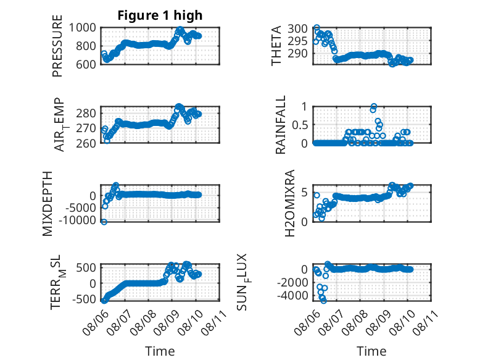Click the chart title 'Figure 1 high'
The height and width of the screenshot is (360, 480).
point(160,15)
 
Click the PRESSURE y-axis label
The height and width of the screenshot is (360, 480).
point(57,46)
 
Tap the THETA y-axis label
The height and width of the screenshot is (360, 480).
point(276,46)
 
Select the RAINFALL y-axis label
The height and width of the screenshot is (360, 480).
point(280,125)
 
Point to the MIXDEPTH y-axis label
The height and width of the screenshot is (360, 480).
point(48,204)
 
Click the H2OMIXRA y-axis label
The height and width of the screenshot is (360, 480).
point(289,203)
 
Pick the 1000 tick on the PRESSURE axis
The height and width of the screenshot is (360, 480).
point(83,28)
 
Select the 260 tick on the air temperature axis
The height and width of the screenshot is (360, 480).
point(86,143)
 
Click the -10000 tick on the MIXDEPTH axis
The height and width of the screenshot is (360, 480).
point(78,220)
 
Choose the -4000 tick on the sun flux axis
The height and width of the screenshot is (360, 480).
point(292,296)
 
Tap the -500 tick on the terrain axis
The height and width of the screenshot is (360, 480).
point(84,299)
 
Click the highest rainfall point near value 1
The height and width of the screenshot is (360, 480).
point(374,107)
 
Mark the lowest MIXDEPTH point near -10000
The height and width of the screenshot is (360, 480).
point(104,222)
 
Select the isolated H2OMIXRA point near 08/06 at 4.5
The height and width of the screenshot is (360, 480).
point(317,195)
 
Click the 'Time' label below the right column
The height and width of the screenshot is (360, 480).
point(371,351)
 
